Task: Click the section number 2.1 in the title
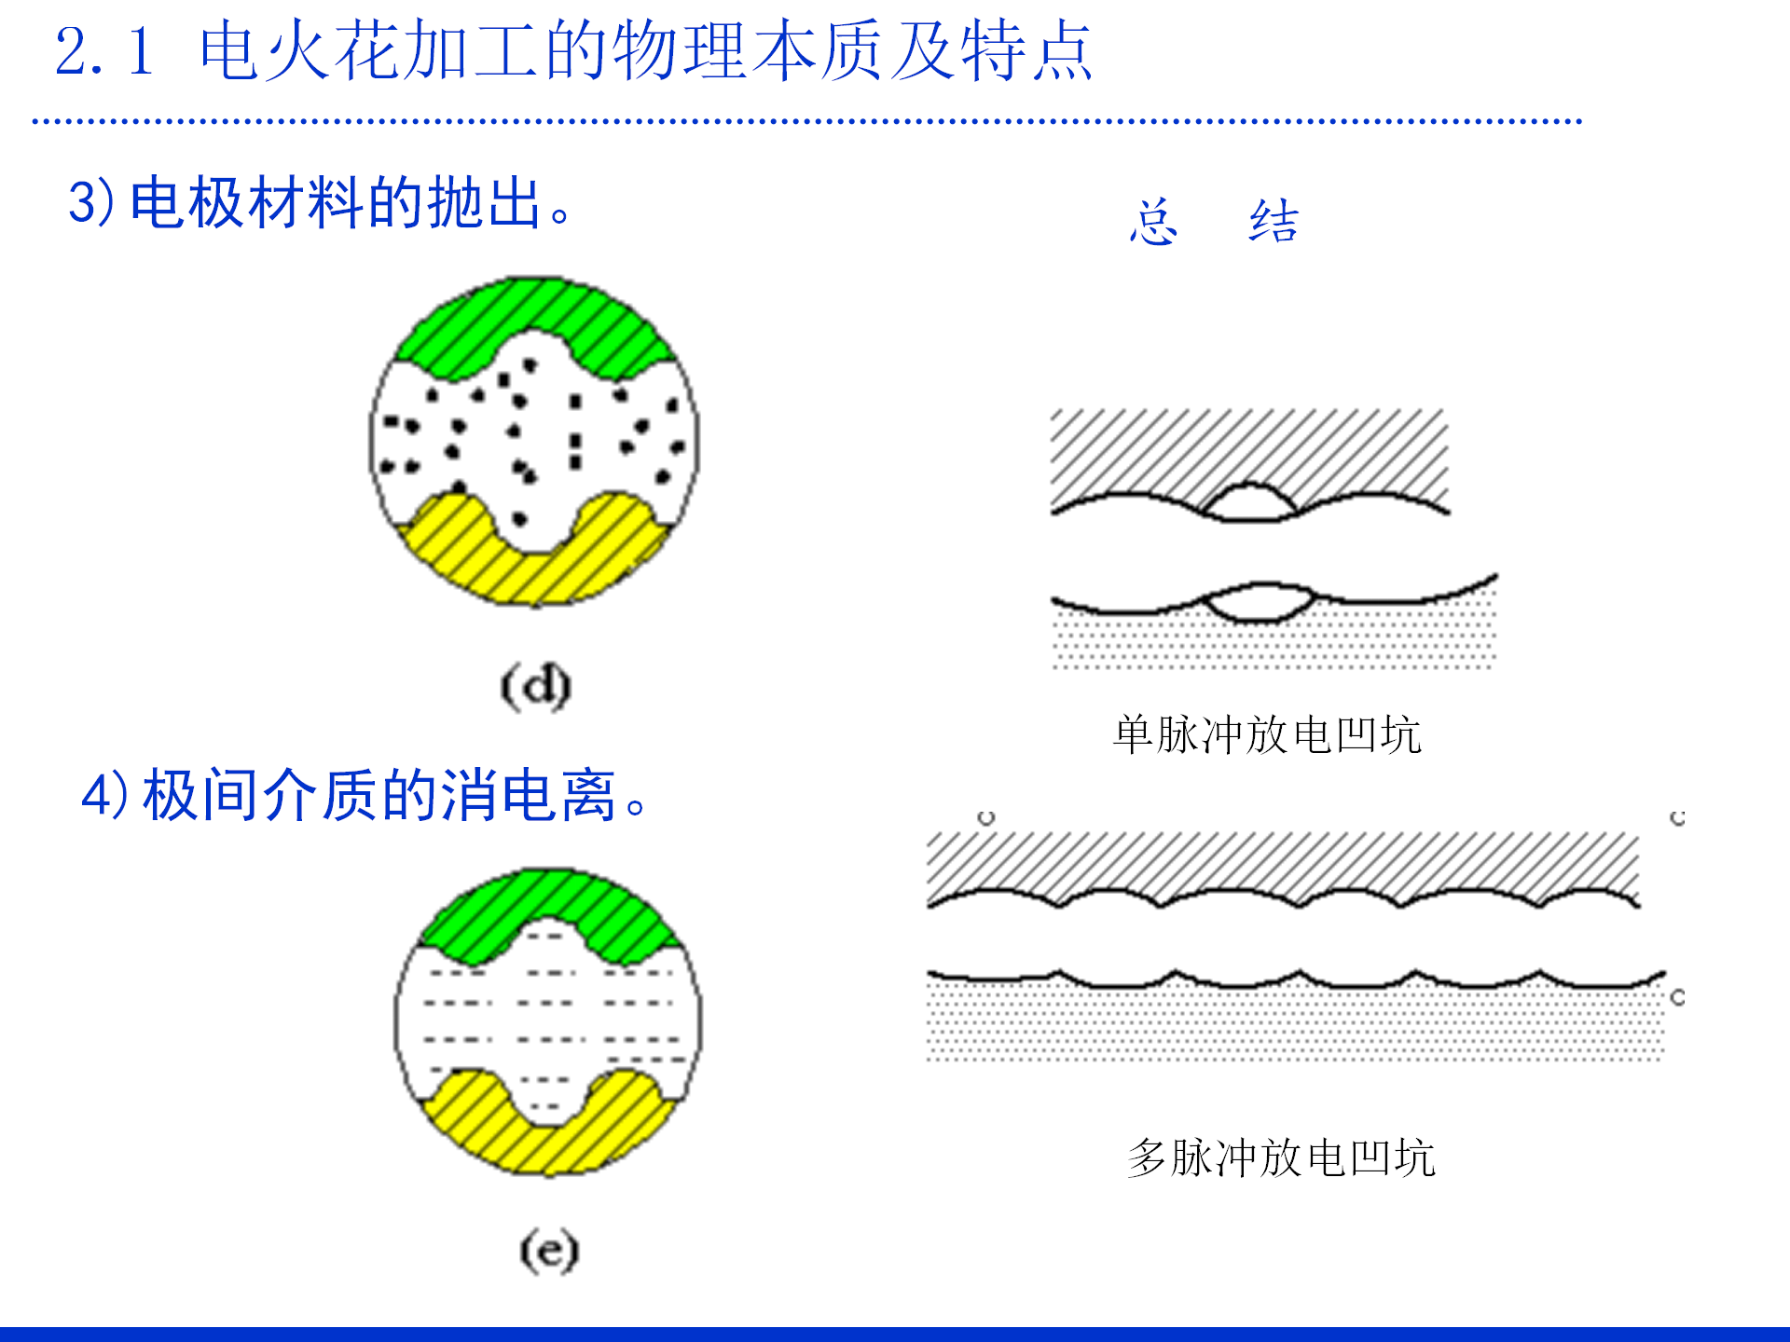pyautogui.click(x=103, y=51)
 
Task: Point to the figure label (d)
pyautogui.click(x=535, y=687)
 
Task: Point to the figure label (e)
pyautogui.click(x=549, y=1250)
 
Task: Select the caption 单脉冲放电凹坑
pyautogui.click(x=1266, y=735)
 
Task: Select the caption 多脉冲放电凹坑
pyautogui.click(x=1281, y=1158)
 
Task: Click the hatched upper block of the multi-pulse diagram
pyautogui.click(x=1282, y=862)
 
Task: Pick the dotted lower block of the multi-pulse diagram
pyautogui.click(x=1296, y=1025)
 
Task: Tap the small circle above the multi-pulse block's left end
pyautogui.click(x=986, y=817)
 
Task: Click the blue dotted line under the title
pyautogui.click(x=806, y=121)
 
